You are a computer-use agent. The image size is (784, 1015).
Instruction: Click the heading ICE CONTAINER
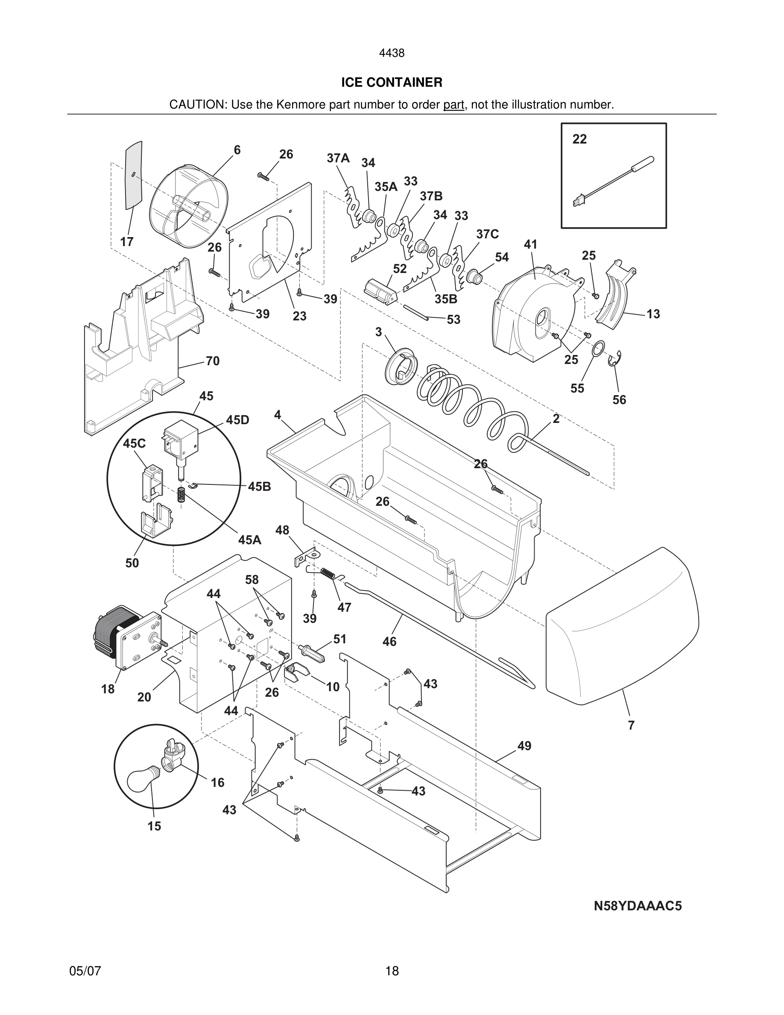click(x=392, y=82)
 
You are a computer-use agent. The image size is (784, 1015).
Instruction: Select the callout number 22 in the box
click(x=579, y=139)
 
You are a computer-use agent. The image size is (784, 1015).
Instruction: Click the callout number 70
click(x=212, y=361)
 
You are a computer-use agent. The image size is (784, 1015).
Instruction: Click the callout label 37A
click(x=338, y=158)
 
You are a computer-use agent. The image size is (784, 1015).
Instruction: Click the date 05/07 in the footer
click(x=85, y=971)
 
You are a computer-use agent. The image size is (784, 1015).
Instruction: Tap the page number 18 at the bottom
click(x=392, y=971)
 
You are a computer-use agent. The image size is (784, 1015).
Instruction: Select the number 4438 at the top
click(x=392, y=53)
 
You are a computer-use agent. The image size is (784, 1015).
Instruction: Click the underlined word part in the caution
click(x=454, y=105)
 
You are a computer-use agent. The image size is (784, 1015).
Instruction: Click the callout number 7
click(x=631, y=725)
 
